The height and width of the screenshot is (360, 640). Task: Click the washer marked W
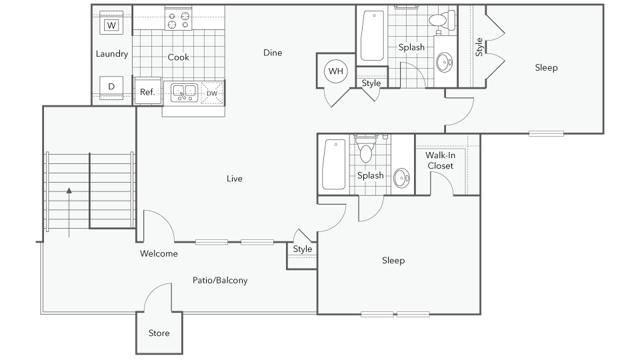point(111,25)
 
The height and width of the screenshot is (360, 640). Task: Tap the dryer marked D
point(111,87)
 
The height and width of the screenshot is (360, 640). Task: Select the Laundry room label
point(112,54)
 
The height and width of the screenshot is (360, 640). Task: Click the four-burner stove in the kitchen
point(178,19)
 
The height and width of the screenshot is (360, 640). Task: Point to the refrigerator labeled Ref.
point(147,92)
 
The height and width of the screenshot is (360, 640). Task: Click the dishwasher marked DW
point(212,93)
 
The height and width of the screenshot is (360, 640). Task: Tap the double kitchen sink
point(184,92)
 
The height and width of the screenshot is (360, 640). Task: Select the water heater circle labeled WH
point(336,71)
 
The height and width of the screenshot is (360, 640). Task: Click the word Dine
point(273,53)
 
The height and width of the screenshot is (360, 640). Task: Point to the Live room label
point(234,178)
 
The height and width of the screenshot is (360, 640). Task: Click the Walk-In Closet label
point(440,160)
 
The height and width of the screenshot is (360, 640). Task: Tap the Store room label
point(159,333)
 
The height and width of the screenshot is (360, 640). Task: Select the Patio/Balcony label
point(220,280)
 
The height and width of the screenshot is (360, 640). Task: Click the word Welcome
point(159,253)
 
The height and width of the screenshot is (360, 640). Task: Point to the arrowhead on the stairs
point(69,190)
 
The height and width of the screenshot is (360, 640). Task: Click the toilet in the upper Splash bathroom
point(442,19)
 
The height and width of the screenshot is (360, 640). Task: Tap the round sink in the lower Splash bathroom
point(402,178)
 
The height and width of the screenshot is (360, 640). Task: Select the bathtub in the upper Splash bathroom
point(373,36)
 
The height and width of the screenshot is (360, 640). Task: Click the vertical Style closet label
point(479,47)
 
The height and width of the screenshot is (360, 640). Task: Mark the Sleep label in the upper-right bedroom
point(546,68)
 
